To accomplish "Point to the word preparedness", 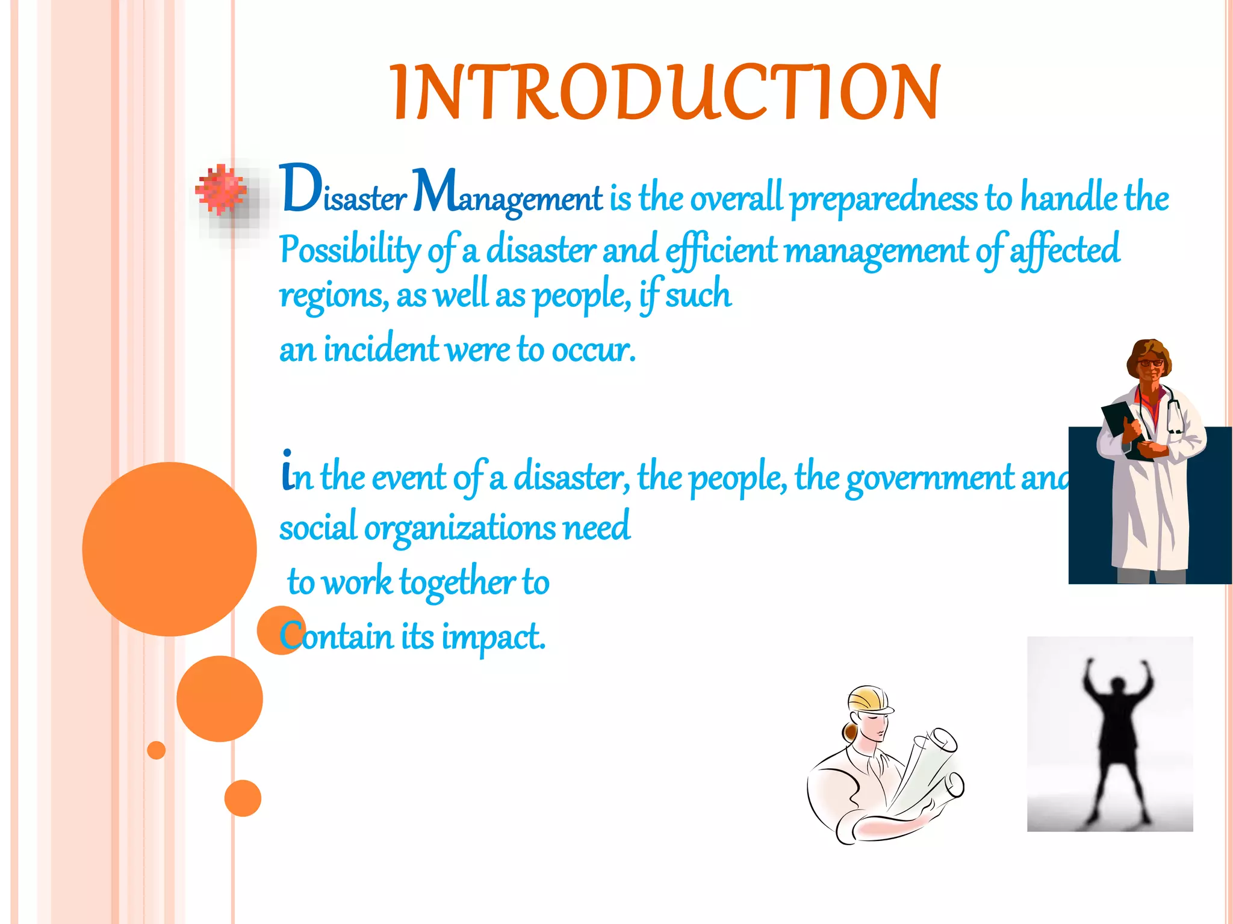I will tap(883, 199).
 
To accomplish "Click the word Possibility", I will tap(350, 249).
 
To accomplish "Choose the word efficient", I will tap(721, 250).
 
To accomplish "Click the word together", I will tap(458, 583).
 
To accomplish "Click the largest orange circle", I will tap(169, 549).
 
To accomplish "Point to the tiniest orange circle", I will tap(157, 750).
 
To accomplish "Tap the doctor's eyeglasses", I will tap(1150, 363).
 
